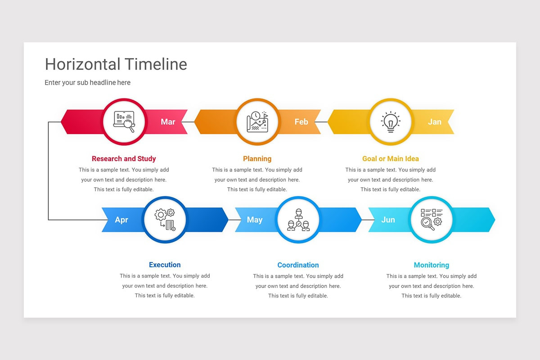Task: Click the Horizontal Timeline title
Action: click(x=116, y=64)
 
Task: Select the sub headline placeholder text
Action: click(x=87, y=83)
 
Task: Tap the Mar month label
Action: click(x=168, y=122)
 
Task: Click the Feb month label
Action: click(x=301, y=122)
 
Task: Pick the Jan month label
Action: click(x=434, y=122)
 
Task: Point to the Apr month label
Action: click(x=121, y=220)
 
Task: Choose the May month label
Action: click(x=255, y=220)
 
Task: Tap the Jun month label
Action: click(x=388, y=220)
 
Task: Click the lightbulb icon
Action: click(x=391, y=121)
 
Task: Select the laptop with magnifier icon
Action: click(x=124, y=121)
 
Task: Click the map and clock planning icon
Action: click(x=257, y=121)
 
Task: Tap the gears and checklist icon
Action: click(x=165, y=220)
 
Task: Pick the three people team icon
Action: click(x=298, y=220)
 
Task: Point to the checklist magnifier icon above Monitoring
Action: click(x=432, y=220)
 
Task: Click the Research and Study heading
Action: click(x=124, y=159)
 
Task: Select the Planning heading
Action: click(x=257, y=159)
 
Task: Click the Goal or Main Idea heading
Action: click(x=390, y=159)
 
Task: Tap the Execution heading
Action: click(x=165, y=265)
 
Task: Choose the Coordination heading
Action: click(x=298, y=265)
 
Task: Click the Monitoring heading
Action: click(x=431, y=265)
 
